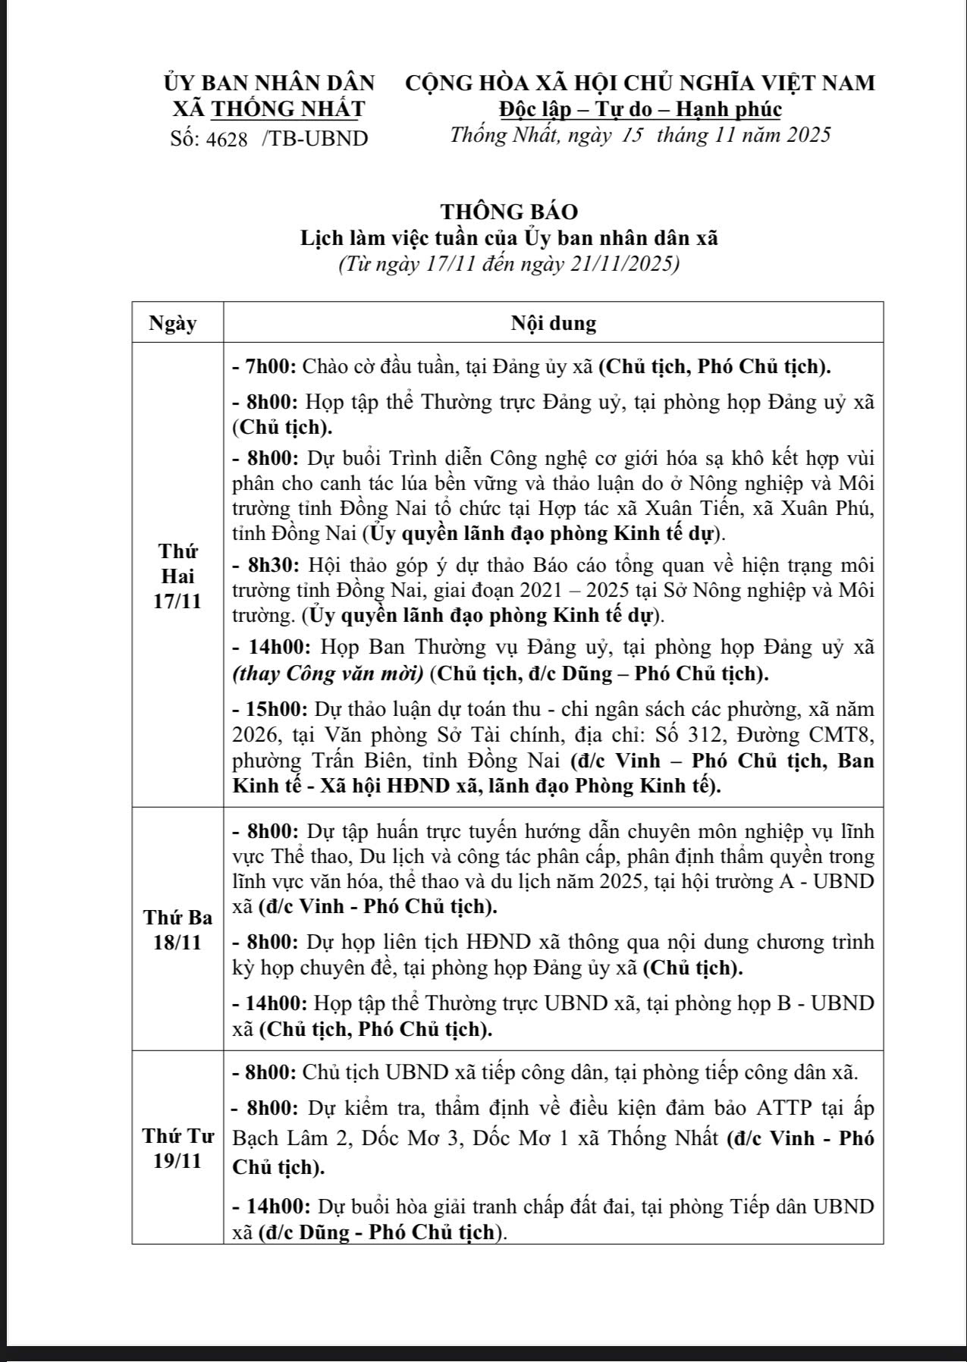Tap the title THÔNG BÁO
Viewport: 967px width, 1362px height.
(509, 212)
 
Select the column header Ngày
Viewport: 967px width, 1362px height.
(173, 323)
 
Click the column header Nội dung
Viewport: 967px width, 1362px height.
(554, 323)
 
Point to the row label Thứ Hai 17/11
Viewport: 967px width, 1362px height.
(177, 576)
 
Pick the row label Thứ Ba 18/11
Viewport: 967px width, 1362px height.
(177, 930)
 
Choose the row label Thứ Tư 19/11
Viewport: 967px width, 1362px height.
(177, 1148)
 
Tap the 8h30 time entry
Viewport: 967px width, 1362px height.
(268, 566)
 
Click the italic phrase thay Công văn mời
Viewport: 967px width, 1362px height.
(328, 673)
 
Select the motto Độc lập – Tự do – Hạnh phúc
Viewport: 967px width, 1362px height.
(640, 110)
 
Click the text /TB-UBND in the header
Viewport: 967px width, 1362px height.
(315, 139)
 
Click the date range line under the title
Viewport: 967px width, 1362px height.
(509, 265)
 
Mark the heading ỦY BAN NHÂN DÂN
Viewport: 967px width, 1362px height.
(269, 83)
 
